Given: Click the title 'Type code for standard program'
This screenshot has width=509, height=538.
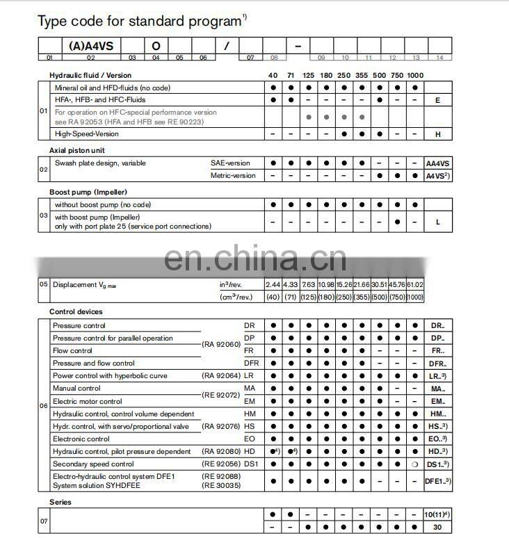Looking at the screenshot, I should click(x=138, y=22).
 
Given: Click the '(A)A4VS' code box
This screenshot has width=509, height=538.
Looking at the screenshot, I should click(x=91, y=47).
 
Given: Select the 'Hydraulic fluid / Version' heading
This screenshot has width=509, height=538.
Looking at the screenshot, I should click(x=90, y=75).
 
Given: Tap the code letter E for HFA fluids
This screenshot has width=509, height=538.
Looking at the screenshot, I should click(x=437, y=100).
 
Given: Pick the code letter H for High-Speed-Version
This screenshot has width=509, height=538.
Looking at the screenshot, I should click(x=437, y=134).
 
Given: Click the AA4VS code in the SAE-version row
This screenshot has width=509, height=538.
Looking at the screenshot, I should click(x=437, y=163).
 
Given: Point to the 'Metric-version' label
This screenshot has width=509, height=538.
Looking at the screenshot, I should click(x=233, y=176).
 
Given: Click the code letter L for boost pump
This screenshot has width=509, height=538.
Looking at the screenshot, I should click(x=437, y=222).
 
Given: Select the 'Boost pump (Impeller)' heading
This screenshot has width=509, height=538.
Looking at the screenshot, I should click(x=88, y=192).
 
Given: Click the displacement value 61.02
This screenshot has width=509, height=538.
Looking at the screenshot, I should click(x=414, y=284).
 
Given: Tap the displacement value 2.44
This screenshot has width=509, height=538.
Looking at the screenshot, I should click(x=273, y=284).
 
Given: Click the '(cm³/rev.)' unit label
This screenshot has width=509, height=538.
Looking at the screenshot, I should click(x=236, y=297).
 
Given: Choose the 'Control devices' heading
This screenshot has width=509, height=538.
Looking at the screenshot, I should click(x=76, y=312).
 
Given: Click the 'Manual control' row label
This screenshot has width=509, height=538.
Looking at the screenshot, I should click(x=76, y=389).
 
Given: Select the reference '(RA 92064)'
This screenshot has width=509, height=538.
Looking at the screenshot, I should click(x=220, y=376).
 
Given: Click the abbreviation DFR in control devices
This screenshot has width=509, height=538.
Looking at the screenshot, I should click(x=252, y=364).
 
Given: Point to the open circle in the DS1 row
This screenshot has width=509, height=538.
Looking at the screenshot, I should click(x=414, y=464).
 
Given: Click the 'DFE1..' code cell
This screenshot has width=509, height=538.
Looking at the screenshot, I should click(x=437, y=480).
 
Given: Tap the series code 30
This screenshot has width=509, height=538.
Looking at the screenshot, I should click(x=437, y=528).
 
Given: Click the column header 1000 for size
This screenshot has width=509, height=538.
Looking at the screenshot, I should click(x=414, y=75).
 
